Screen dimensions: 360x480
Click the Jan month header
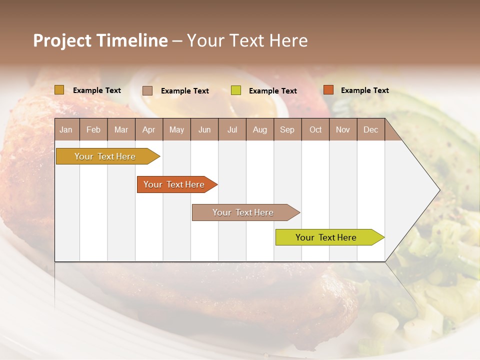click(x=66, y=129)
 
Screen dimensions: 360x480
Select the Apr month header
click(x=148, y=129)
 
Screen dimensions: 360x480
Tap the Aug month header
click(x=259, y=129)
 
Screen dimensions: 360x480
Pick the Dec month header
click(x=370, y=129)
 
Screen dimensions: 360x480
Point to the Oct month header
click(x=315, y=129)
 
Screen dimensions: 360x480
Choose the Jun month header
click(x=204, y=129)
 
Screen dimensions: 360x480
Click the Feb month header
click(x=93, y=129)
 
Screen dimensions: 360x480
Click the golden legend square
click(x=59, y=90)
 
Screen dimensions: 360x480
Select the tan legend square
click(x=147, y=90)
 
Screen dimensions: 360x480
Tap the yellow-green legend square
click(x=236, y=90)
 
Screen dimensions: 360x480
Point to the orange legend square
click(x=328, y=90)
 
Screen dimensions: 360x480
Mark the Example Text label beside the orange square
click(x=364, y=90)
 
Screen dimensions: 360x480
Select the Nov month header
click(x=343, y=129)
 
